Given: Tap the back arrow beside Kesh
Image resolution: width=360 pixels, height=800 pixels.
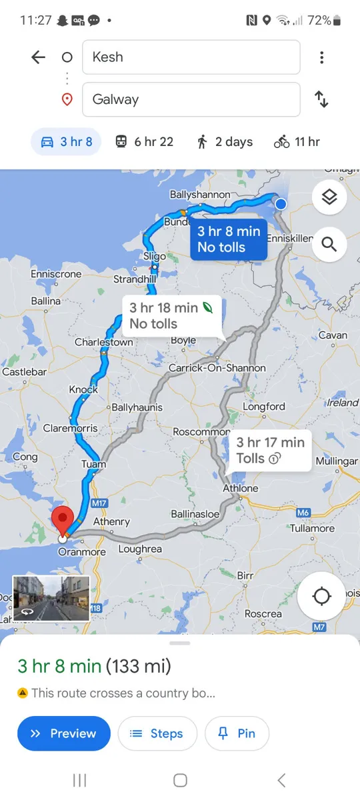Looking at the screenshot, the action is click(x=39, y=57).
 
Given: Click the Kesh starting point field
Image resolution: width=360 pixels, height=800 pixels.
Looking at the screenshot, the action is click(x=191, y=57).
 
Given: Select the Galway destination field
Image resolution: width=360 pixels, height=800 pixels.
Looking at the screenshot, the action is click(x=191, y=99).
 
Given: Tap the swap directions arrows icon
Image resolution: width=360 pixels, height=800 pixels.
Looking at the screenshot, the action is click(x=321, y=99).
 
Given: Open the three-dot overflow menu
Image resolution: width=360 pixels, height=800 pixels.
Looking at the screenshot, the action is click(x=321, y=57).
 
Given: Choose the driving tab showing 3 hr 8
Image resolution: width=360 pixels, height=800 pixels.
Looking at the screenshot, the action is click(x=67, y=141).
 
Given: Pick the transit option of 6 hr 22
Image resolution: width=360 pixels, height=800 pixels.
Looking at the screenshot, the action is click(x=144, y=141).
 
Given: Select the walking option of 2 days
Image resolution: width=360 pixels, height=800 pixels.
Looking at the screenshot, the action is click(x=225, y=141).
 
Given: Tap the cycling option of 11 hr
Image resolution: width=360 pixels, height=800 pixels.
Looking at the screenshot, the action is click(x=297, y=141).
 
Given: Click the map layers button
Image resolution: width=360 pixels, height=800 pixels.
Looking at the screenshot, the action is click(x=329, y=197).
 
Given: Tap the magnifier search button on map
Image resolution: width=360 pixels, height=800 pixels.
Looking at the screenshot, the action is click(x=329, y=244).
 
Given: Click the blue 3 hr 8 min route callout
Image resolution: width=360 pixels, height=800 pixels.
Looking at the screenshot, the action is click(x=229, y=239).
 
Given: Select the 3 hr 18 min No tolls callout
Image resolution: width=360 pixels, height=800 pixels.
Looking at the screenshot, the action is click(x=164, y=315).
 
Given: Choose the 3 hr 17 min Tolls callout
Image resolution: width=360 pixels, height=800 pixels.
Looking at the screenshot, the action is click(x=270, y=450).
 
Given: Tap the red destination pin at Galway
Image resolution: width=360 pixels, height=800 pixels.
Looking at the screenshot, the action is click(x=63, y=520).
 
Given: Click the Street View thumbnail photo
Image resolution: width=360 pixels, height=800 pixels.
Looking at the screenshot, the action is click(x=51, y=598).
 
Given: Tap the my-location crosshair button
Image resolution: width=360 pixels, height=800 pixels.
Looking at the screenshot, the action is click(x=321, y=596).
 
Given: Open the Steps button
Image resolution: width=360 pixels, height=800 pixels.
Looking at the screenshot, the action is click(x=157, y=733).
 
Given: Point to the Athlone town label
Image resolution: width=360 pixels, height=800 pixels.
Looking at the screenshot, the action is click(x=240, y=488).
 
